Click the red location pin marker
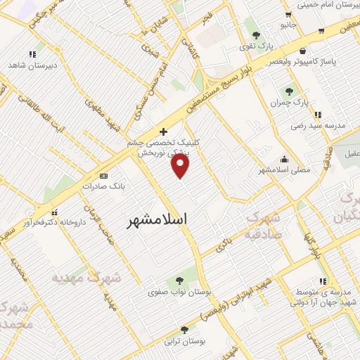pyautogui.click(x=181, y=166)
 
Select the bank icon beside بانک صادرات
pyautogui.click(x=104, y=175)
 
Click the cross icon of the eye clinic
pyautogui.click(x=163, y=131)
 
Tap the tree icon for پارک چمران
pyautogui.click(x=289, y=91)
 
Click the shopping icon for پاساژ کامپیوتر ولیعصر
pyautogui.click(x=302, y=51)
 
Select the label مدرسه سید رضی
pyautogui.click(x=319, y=125)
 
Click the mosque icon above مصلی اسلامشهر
pyautogui.click(x=283, y=159)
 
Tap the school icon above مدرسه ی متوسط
pyautogui.click(x=323, y=281)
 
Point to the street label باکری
pyautogui.click(x=224, y=245)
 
